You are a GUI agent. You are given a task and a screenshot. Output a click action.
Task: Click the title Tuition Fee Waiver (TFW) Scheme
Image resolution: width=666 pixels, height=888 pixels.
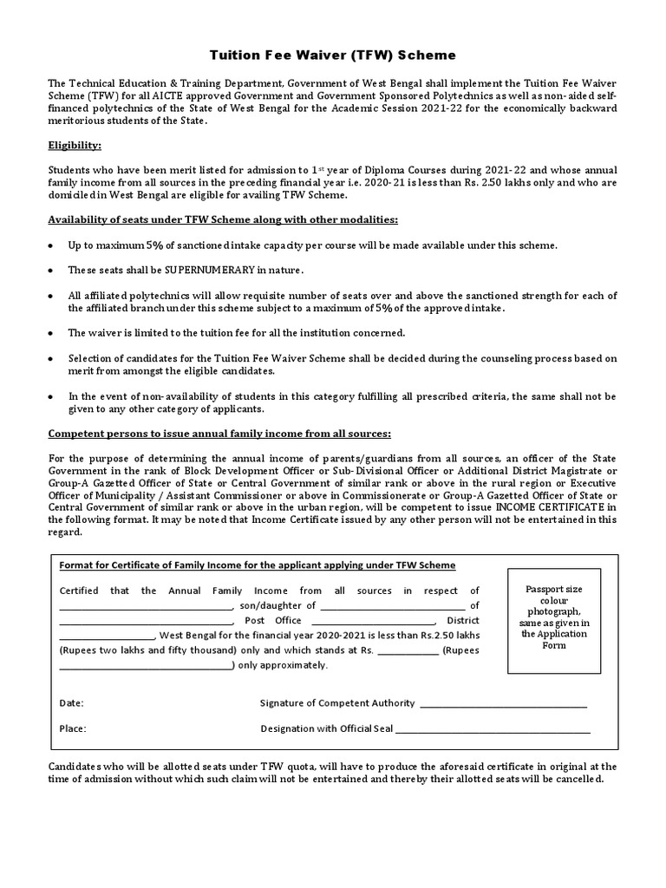334,55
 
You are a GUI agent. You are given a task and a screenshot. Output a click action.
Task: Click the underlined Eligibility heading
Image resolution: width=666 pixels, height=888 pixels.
75,146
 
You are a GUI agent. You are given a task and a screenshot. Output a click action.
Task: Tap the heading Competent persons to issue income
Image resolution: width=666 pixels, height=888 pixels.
219,433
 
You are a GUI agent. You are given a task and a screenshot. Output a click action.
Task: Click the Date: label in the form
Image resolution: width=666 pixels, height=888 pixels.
71,703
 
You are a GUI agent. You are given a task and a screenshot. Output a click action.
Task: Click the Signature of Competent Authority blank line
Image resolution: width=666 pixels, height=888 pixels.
504,705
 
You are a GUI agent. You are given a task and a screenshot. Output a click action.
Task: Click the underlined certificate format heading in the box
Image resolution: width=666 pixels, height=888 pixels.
257,565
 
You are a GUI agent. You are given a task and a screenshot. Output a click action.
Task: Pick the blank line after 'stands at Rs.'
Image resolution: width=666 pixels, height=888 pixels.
408,651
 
